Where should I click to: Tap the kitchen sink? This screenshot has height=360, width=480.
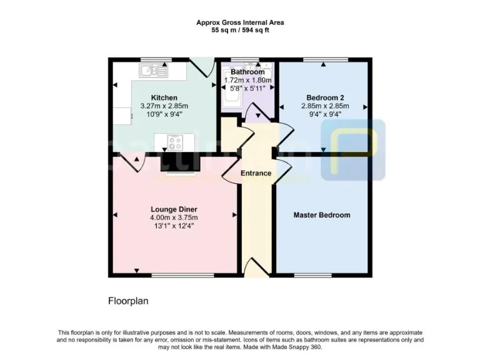(x=152, y=70)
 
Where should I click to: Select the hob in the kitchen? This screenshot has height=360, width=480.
(x=174, y=143)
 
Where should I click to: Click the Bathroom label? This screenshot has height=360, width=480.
(x=247, y=72)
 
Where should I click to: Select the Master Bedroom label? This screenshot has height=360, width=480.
(x=322, y=215)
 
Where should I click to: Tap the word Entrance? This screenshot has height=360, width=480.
(x=256, y=173)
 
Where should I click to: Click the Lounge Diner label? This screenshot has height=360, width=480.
(x=174, y=209)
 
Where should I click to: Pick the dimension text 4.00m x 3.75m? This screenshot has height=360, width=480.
(x=174, y=217)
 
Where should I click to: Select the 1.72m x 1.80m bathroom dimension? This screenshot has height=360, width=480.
(x=247, y=80)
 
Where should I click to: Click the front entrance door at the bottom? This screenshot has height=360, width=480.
(x=255, y=269)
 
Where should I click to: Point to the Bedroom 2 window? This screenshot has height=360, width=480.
(x=322, y=59)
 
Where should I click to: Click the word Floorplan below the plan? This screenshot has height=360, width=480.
(x=128, y=301)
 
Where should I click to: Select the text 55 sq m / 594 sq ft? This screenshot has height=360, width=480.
(x=240, y=29)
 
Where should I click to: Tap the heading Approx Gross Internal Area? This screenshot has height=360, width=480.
(x=240, y=22)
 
